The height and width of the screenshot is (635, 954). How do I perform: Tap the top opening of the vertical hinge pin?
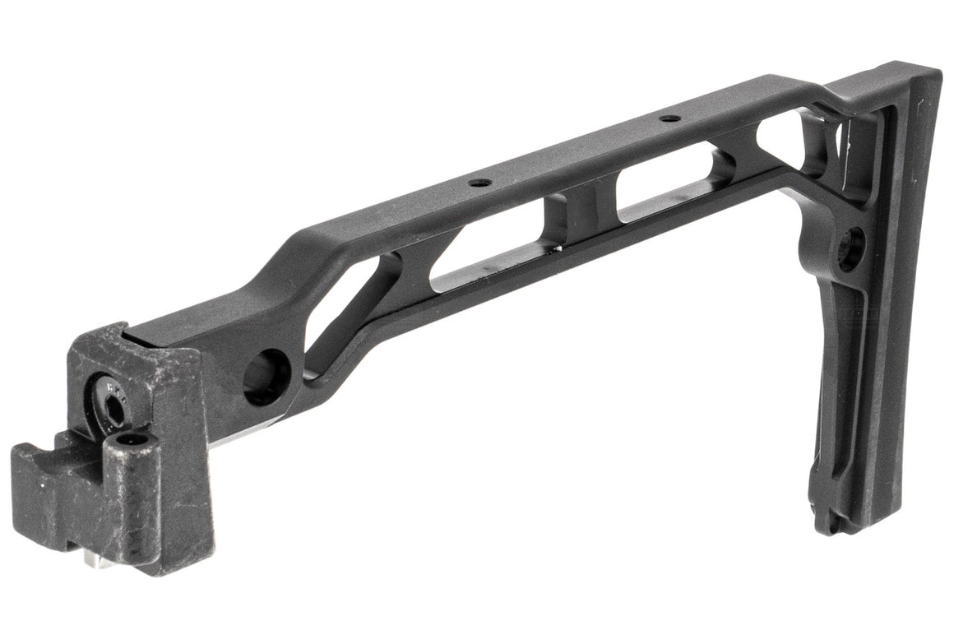[132, 442]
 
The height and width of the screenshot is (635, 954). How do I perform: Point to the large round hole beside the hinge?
[266, 377]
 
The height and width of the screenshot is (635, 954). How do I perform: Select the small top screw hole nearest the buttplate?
[670, 118]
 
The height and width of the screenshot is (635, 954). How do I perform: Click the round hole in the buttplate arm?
[852, 248]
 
